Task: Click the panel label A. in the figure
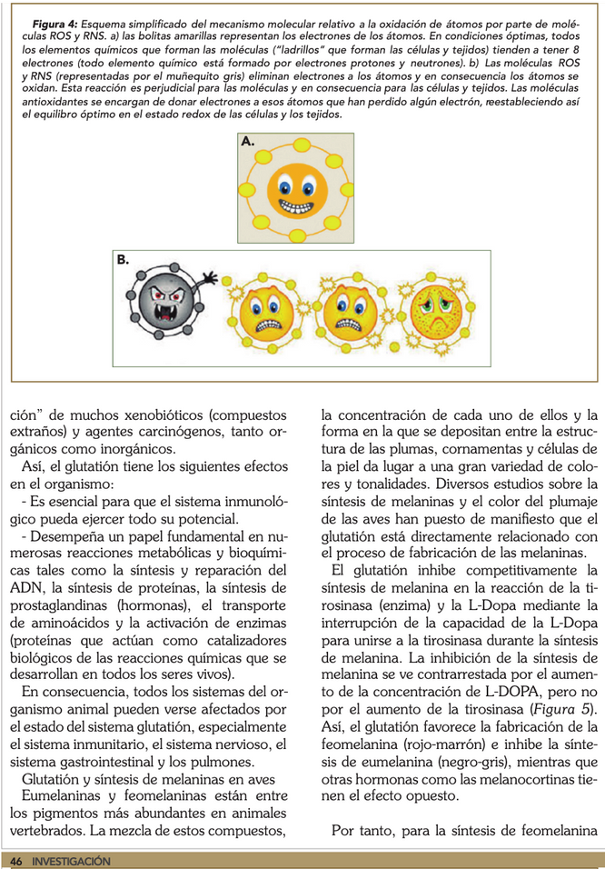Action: [248, 142]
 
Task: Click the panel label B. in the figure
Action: [123, 260]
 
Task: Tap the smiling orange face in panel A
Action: [296, 190]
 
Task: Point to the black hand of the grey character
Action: [211, 274]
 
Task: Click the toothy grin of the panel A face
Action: [296, 205]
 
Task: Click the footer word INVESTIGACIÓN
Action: [71, 860]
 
